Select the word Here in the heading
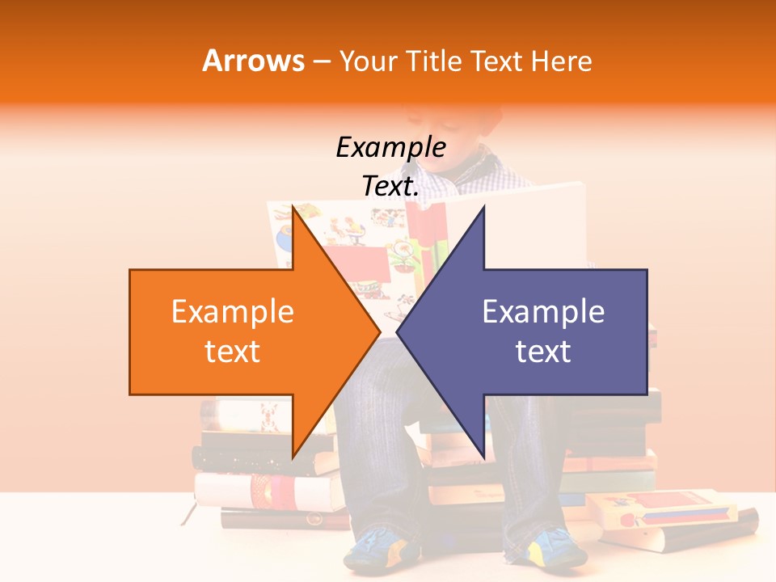pos(561,61)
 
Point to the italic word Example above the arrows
pos(390,148)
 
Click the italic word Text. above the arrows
pos(390,187)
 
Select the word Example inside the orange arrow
pos(233,312)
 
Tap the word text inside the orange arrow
pos(233,352)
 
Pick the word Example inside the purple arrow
pos(543,312)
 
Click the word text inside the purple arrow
pos(543,352)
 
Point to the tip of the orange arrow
pos(380,331)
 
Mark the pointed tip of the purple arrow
pos(397,331)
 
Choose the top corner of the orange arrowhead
pos(293,207)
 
